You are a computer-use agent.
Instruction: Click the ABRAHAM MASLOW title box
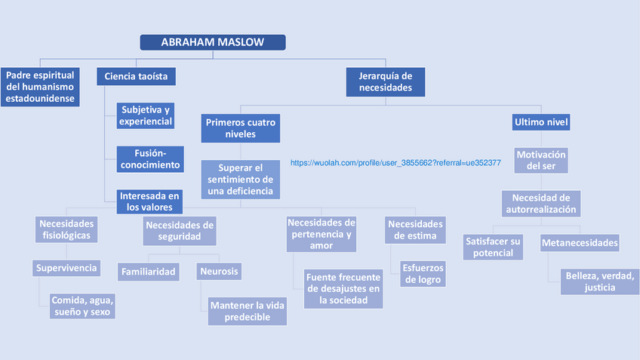point(213,42)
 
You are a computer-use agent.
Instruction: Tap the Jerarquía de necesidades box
point(385,82)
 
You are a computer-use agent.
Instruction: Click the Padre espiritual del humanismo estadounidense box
point(40,88)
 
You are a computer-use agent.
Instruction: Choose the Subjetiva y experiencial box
point(146,115)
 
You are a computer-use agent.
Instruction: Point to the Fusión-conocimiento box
point(149,158)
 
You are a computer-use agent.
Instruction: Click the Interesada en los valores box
point(150,202)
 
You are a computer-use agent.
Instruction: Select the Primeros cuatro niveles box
point(241,128)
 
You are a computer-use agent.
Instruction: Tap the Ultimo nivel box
point(541,122)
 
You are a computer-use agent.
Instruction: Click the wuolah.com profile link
point(395,162)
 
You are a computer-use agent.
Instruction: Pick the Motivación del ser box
point(541,160)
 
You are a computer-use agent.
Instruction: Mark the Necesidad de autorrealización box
point(540,204)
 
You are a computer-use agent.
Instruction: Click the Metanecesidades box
point(580,243)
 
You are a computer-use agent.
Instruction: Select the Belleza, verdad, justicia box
point(599,282)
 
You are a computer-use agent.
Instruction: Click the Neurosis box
point(220,271)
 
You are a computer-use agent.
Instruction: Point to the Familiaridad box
point(148,271)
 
